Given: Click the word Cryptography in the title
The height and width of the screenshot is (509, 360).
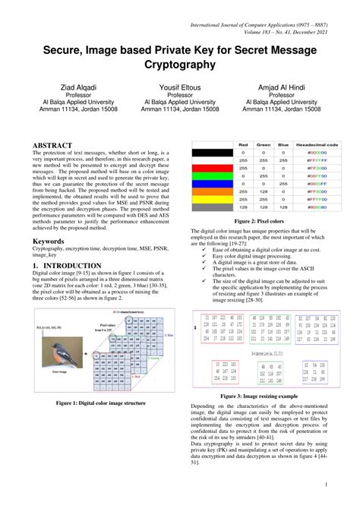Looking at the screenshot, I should tap(180, 65).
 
